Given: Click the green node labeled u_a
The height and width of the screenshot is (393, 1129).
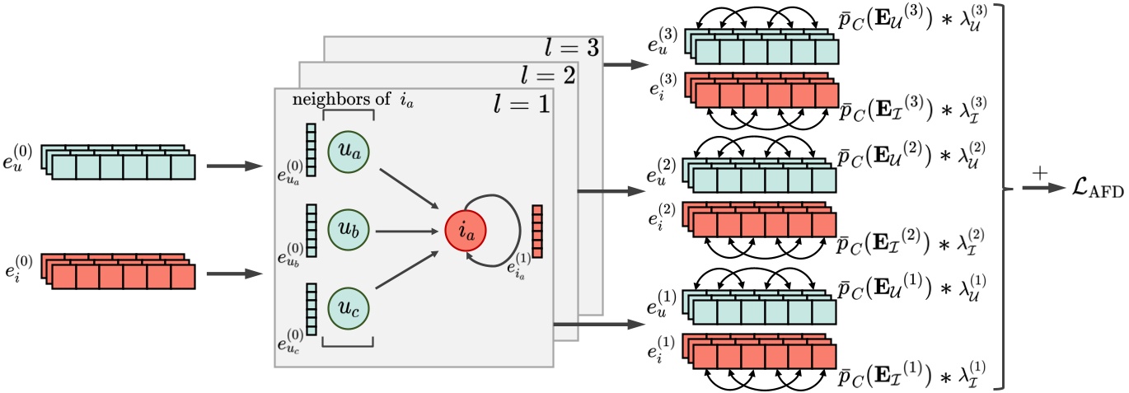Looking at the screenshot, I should tap(349, 150).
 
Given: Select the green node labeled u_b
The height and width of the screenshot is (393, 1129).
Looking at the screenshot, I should tap(349, 232).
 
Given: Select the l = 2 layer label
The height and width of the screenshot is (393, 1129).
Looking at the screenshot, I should tap(547, 77).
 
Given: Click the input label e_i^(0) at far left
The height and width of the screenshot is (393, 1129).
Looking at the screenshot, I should tap(20, 268).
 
